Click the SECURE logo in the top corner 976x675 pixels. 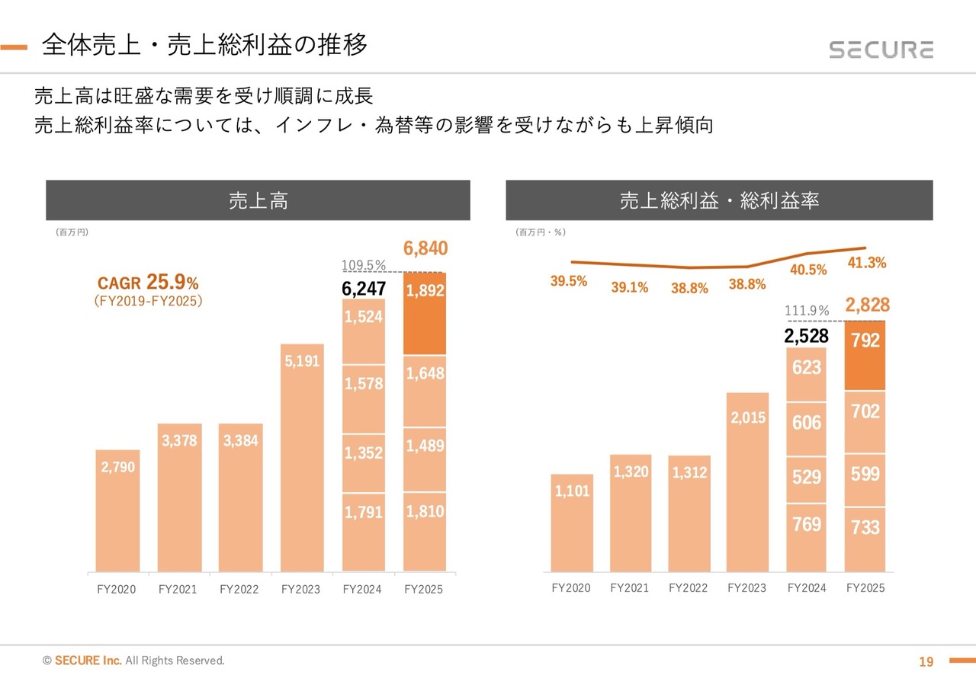[x=881, y=50]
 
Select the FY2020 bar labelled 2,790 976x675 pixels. [x=117, y=510]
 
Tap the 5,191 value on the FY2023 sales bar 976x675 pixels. [x=302, y=362]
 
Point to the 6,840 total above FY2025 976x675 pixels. [x=425, y=249]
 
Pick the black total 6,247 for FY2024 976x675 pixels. [x=364, y=289]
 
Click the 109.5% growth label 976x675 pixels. [x=364, y=265]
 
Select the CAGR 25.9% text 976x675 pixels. [x=148, y=283]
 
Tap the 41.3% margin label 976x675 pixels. [x=866, y=263]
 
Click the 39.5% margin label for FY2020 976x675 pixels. [x=569, y=281]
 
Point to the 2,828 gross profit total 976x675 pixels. [x=867, y=306]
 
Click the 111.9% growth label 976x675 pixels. [x=807, y=310]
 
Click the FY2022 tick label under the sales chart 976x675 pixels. [x=239, y=589]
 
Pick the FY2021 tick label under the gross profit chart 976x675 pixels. [x=630, y=588]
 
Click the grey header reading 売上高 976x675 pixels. [x=258, y=200]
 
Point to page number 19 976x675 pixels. [x=926, y=661]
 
